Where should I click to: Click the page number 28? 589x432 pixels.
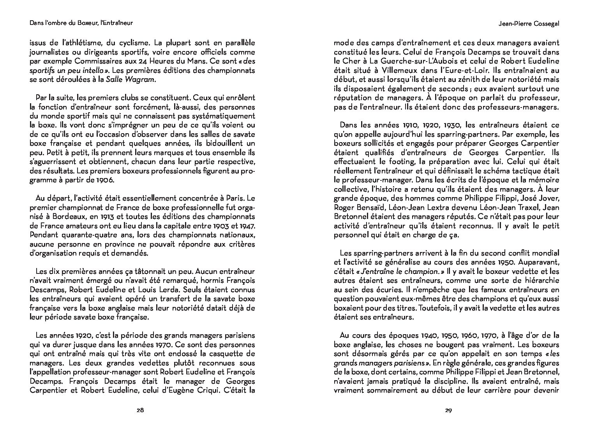141,410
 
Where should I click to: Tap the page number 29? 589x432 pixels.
448,410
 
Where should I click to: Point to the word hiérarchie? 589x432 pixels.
540,280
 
